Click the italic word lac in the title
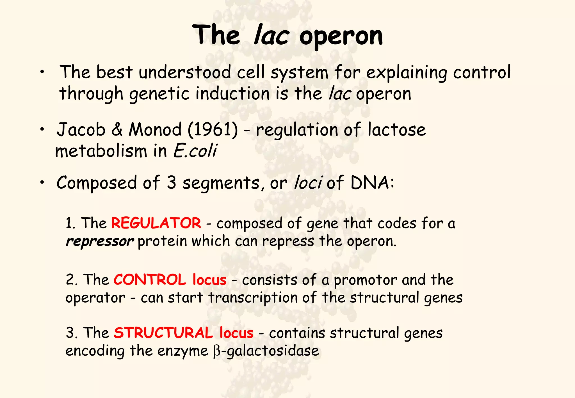coord(271,36)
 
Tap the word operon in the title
coord(341,36)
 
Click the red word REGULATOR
coord(156,223)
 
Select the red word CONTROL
coord(150,280)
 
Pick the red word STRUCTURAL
coord(163,333)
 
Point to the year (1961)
coord(213,130)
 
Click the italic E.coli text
coord(195,151)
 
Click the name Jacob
coord(81,130)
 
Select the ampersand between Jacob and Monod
coord(117,130)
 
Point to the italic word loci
coord(308,183)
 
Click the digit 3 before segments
coord(171,183)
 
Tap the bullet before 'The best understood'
coord(42,73)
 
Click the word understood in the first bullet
coord(185,73)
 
